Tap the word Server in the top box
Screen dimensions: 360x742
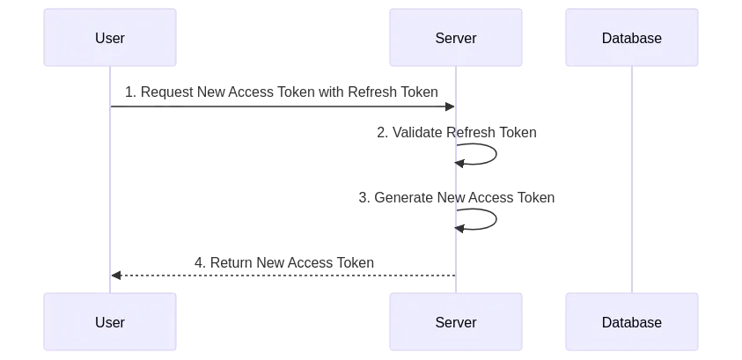(456, 39)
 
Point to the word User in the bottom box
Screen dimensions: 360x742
(110, 322)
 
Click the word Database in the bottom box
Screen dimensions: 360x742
(632, 322)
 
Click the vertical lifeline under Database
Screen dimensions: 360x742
(631, 176)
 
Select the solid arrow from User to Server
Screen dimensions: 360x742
(282, 107)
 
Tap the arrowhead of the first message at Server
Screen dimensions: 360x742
(451, 107)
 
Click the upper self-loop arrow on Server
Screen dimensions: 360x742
(496, 152)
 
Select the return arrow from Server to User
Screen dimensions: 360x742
(282, 276)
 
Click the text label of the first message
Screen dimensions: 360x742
(280, 91)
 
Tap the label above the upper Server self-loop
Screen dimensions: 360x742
(458, 134)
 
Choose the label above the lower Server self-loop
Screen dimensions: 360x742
(458, 198)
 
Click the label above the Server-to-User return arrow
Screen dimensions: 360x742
(286, 261)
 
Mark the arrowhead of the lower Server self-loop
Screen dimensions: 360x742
(458, 229)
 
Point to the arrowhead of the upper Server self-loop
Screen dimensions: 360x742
(458, 163)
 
